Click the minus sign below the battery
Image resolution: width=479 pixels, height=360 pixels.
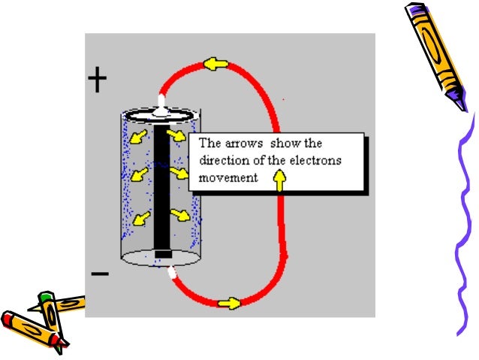tap(99, 274)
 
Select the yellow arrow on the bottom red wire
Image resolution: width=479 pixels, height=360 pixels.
tap(229, 303)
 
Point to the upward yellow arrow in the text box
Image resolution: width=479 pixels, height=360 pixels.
tap(280, 179)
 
